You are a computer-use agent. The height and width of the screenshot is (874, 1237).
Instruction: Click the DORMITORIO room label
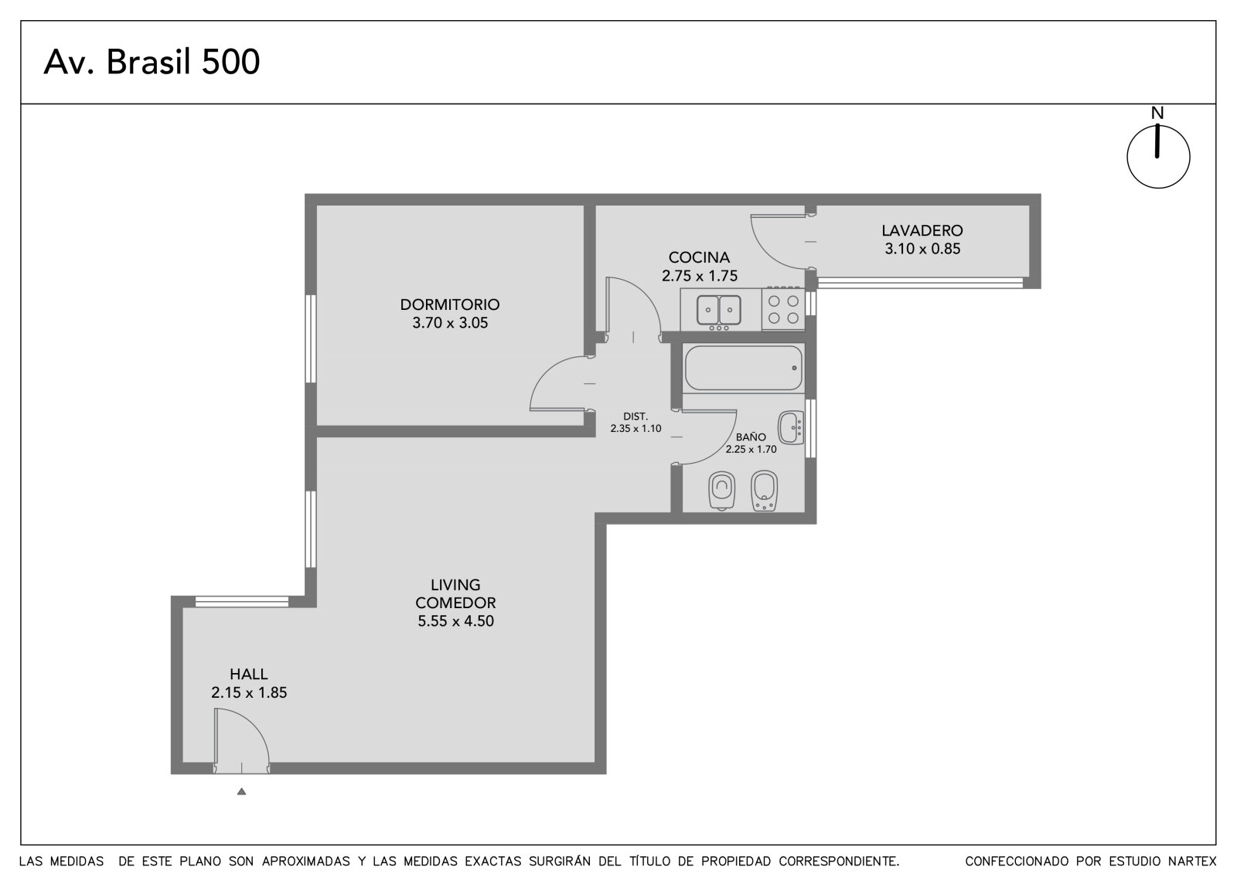pyautogui.click(x=449, y=304)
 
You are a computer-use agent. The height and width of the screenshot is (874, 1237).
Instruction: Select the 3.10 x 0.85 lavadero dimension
pyautogui.click(x=922, y=249)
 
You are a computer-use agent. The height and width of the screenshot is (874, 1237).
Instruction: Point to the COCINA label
pyautogui.click(x=699, y=257)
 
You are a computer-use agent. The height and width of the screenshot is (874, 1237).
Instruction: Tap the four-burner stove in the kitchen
pyautogui.click(x=783, y=310)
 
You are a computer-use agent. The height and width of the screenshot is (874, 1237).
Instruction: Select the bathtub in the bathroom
pyautogui.click(x=743, y=368)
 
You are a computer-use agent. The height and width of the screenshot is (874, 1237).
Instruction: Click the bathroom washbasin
pyautogui.click(x=791, y=427)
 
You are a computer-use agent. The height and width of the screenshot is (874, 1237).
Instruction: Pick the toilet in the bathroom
pyautogui.click(x=721, y=490)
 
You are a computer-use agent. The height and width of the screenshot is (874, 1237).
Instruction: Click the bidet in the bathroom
pyautogui.click(x=765, y=490)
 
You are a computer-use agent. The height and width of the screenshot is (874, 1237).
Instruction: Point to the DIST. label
pyautogui.click(x=636, y=417)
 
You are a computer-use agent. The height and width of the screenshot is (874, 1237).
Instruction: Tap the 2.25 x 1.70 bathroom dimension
pyautogui.click(x=751, y=450)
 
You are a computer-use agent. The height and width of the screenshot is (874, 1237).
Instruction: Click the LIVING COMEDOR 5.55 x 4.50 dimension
pyautogui.click(x=455, y=621)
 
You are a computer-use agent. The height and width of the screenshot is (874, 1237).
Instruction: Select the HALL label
pyautogui.click(x=248, y=674)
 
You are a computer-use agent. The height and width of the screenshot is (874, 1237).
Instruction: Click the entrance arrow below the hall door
pyautogui.click(x=241, y=791)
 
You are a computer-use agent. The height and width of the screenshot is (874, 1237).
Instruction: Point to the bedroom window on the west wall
pyautogui.click(x=311, y=338)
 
